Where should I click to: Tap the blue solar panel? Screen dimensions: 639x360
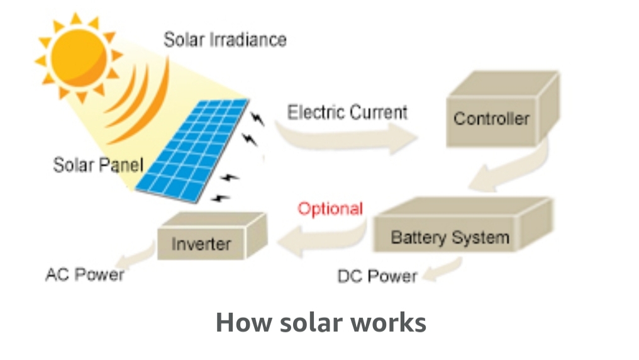[x=192, y=150]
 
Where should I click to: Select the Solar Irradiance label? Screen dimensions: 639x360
[x=225, y=40]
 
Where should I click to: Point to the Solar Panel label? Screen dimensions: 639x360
[x=98, y=165]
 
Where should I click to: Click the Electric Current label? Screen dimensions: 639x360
[x=347, y=112]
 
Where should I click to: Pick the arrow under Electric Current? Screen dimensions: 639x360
[x=347, y=138]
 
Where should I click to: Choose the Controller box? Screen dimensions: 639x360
[x=503, y=109]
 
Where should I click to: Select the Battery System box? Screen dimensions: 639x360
[x=463, y=225]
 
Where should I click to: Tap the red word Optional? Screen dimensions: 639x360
[x=330, y=209]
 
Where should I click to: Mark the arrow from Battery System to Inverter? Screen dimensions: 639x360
[x=322, y=240]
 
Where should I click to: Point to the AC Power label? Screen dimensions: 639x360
[x=85, y=275]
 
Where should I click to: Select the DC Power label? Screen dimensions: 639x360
[x=377, y=276]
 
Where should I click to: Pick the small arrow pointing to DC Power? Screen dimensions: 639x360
[x=442, y=269]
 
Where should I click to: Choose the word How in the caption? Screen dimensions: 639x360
[x=243, y=322]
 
